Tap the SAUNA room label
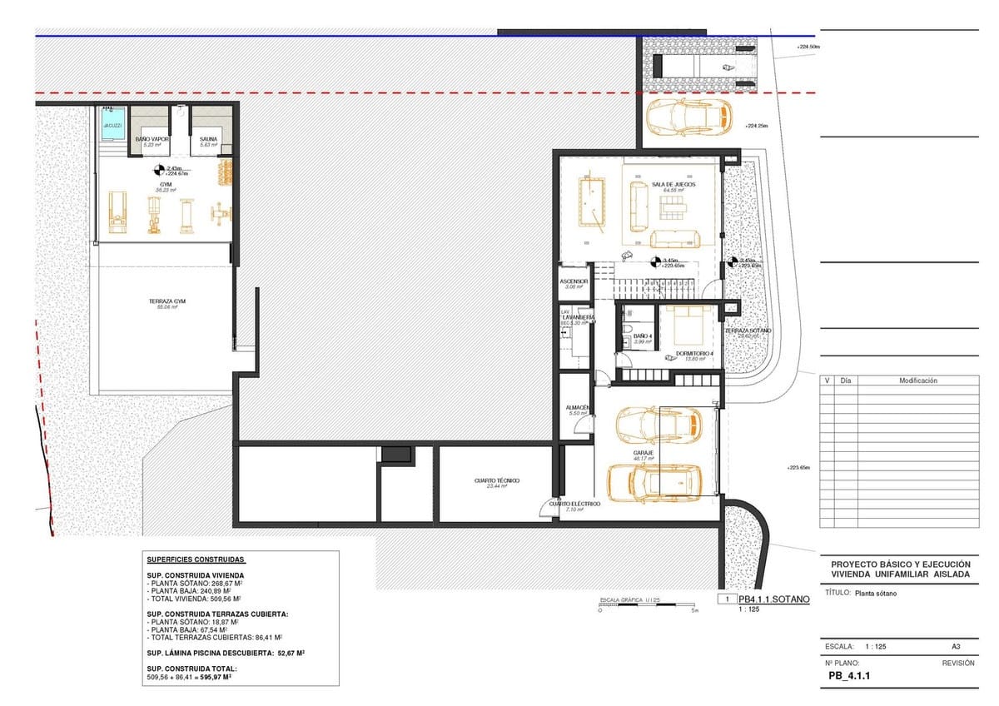pyautogui.click(x=208, y=139)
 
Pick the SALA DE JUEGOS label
pyautogui.click(x=673, y=184)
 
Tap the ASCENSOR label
pyautogui.click(x=574, y=281)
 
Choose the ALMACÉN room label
pyautogui.click(x=578, y=408)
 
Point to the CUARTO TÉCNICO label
pyautogui.click(x=497, y=480)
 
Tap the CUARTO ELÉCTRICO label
pyautogui.click(x=574, y=504)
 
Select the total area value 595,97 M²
pyautogui.click(x=212, y=678)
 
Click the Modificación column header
pyautogui.click(x=917, y=380)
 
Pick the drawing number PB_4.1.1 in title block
pyautogui.click(x=850, y=677)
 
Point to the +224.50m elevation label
pyautogui.click(x=807, y=47)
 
